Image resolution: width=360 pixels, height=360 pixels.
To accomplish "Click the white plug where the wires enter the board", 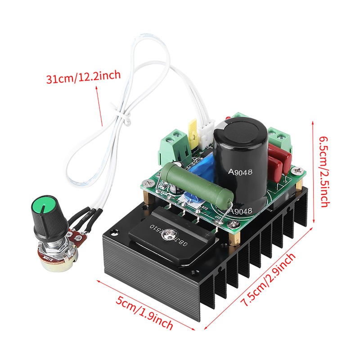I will click(x=207, y=134).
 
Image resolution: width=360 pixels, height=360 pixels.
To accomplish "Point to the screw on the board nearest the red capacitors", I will click(x=295, y=171).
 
